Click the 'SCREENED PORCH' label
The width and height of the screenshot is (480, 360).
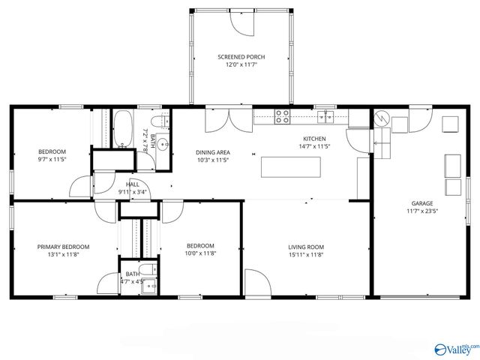point(241,57)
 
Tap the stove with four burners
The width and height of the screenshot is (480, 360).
point(283,116)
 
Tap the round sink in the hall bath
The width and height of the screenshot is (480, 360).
point(161,145)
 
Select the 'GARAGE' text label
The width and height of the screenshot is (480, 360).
point(421,202)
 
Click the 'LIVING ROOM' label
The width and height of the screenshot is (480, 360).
point(306,247)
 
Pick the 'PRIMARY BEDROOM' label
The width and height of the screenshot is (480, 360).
point(64,247)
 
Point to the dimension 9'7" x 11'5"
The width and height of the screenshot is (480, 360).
point(52,159)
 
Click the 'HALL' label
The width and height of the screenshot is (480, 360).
point(132,184)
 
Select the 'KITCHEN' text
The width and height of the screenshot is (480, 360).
point(314,139)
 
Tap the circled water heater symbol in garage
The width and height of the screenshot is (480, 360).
point(380,118)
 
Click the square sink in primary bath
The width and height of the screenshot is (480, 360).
point(149,283)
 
